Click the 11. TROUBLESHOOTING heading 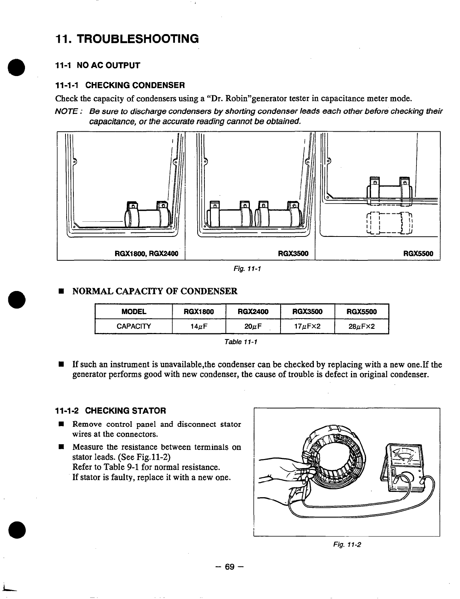127,39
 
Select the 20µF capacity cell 253,326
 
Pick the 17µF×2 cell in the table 307,326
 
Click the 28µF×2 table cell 361,326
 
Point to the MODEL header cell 134,312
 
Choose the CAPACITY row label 134,326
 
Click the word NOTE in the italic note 68,112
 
